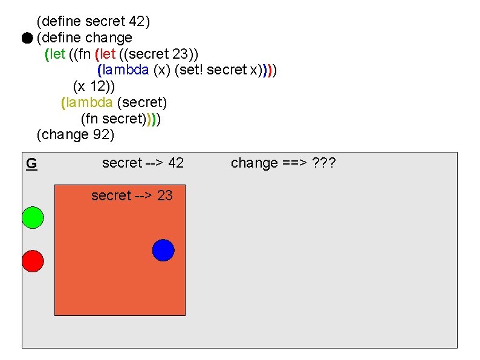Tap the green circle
click(33, 217)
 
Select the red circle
click(33, 261)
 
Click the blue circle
click(163, 250)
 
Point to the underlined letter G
click(31, 163)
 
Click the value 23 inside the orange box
click(164, 195)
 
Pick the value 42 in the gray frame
click(176, 163)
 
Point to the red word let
click(108, 54)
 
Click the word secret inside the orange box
click(111, 195)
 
